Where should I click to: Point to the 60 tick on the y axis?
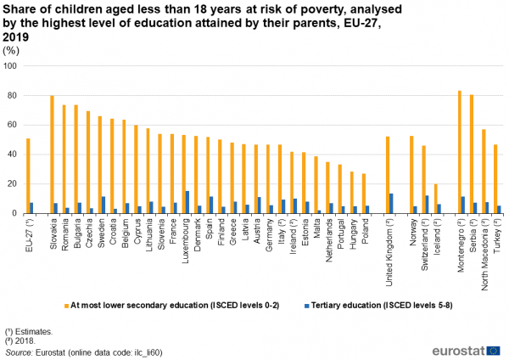pyautogui.click(x=14, y=125)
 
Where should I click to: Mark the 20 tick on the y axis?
pyautogui.click(x=14, y=184)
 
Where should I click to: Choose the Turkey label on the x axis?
pyautogui.click(x=498, y=237)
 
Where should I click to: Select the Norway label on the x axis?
pyautogui.click(x=412, y=232)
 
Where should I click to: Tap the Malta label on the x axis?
pyautogui.click(x=316, y=228)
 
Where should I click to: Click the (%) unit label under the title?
pyautogui.click(x=13, y=49)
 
